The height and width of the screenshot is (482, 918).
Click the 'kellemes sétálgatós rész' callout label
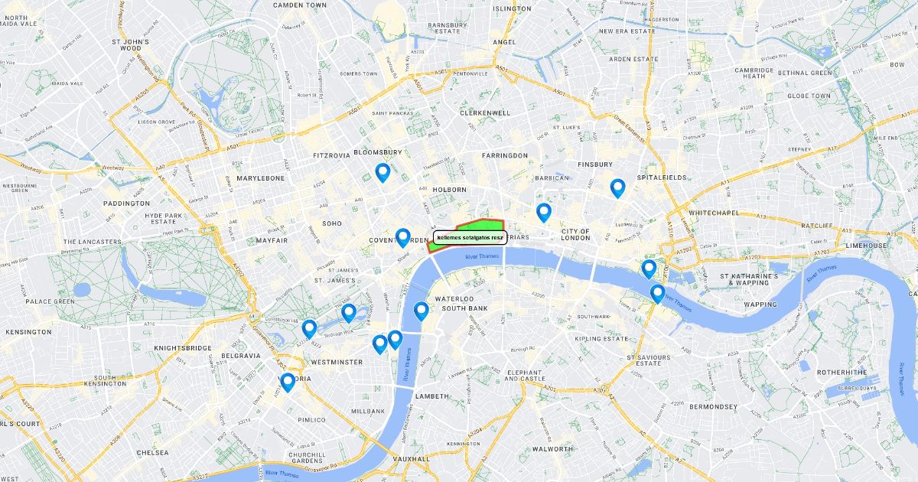(x=470, y=238)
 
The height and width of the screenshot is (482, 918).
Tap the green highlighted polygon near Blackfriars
(x=478, y=226)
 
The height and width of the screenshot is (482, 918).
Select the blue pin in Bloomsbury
(x=382, y=172)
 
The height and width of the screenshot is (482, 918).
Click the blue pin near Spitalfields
(x=617, y=187)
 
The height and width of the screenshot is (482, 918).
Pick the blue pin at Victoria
(x=288, y=382)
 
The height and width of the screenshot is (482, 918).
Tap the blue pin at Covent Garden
(x=402, y=237)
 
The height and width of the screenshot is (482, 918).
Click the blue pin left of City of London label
(x=544, y=212)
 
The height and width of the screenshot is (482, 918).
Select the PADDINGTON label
(x=127, y=204)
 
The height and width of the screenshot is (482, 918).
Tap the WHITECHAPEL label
(x=712, y=212)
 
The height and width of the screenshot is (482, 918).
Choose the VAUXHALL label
(x=410, y=459)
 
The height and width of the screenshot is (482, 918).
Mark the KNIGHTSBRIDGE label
(x=182, y=348)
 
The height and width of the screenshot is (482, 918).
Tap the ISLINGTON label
(x=512, y=9)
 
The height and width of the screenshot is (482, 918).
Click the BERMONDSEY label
(x=712, y=406)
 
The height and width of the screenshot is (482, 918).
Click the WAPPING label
(x=760, y=305)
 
